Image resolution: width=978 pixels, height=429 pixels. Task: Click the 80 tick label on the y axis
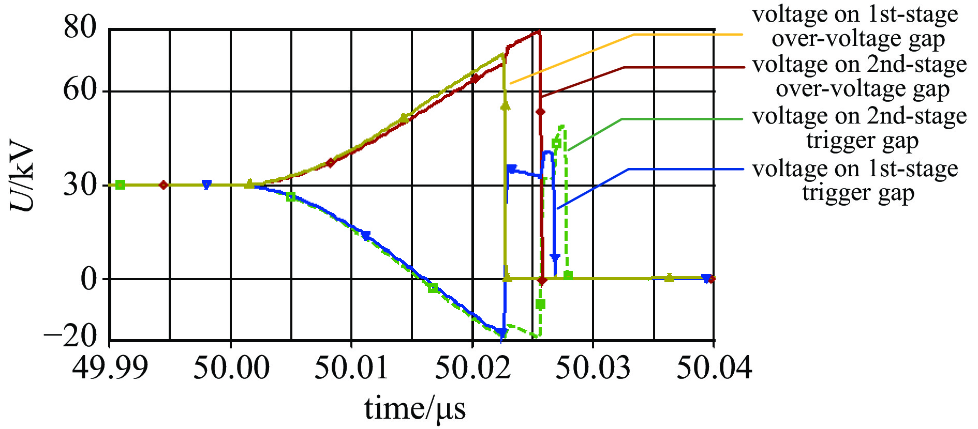pyautogui.click(x=80, y=27)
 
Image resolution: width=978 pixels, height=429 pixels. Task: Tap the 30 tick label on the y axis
pyautogui.click(x=80, y=185)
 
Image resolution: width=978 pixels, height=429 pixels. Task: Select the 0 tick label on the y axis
pyautogui.click(x=88, y=279)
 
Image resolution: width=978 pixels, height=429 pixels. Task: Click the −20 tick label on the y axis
pyautogui.click(x=71, y=337)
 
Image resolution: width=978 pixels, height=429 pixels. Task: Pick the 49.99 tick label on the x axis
pyautogui.click(x=110, y=368)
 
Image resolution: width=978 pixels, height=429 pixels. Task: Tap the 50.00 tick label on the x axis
pyautogui.click(x=231, y=368)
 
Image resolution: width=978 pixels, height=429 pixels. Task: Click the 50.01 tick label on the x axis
pyautogui.click(x=352, y=368)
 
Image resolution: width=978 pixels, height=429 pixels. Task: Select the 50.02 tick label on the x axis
pyautogui.click(x=473, y=368)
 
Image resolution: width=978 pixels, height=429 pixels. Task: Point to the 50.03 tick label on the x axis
pyautogui.click(x=593, y=368)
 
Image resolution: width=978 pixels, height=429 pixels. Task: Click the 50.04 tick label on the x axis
pyautogui.click(x=714, y=368)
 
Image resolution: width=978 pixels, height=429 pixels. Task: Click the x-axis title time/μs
pyautogui.click(x=415, y=409)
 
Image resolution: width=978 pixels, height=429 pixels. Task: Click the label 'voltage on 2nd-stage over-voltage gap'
pyautogui.click(x=860, y=76)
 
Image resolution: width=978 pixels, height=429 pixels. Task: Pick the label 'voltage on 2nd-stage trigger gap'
pyautogui.click(x=860, y=128)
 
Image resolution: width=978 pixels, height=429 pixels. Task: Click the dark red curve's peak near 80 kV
pyautogui.click(x=538, y=31)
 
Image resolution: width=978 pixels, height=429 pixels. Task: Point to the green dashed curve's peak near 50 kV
pyautogui.click(x=562, y=126)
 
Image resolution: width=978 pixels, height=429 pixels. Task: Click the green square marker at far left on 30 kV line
pyautogui.click(x=120, y=185)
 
